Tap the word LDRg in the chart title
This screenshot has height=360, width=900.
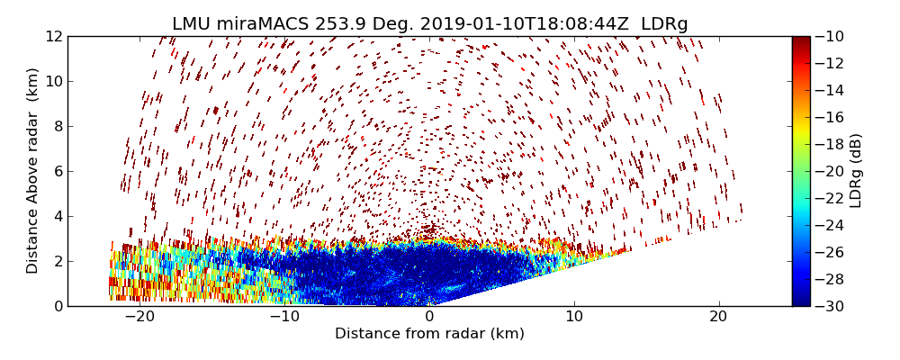[x=664, y=24]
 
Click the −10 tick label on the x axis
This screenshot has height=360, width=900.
[x=283, y=317]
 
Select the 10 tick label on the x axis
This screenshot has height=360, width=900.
[x=574, y=317]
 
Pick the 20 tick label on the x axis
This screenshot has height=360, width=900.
[x=719, y=317]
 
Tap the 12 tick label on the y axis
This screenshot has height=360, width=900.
[x=54, y=37]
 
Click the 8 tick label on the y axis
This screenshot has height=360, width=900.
[x=58, y=126]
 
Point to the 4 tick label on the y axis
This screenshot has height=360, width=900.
[x=58, y=216]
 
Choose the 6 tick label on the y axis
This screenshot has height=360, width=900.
[x=58, y=171]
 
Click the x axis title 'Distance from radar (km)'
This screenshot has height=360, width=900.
[x=429, y=334]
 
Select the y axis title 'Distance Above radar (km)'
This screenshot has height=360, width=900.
[x=33, y=170]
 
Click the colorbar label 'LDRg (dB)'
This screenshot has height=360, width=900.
[x=856, y=170]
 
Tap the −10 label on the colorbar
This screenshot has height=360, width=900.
[x=830, y=37]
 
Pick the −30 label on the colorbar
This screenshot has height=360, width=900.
[x=830, y=306]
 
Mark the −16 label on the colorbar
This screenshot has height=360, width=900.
[x=830, y=117]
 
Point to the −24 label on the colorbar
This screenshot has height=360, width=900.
[x=830, y=225]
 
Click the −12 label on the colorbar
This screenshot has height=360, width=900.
[x=830, y=63]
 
